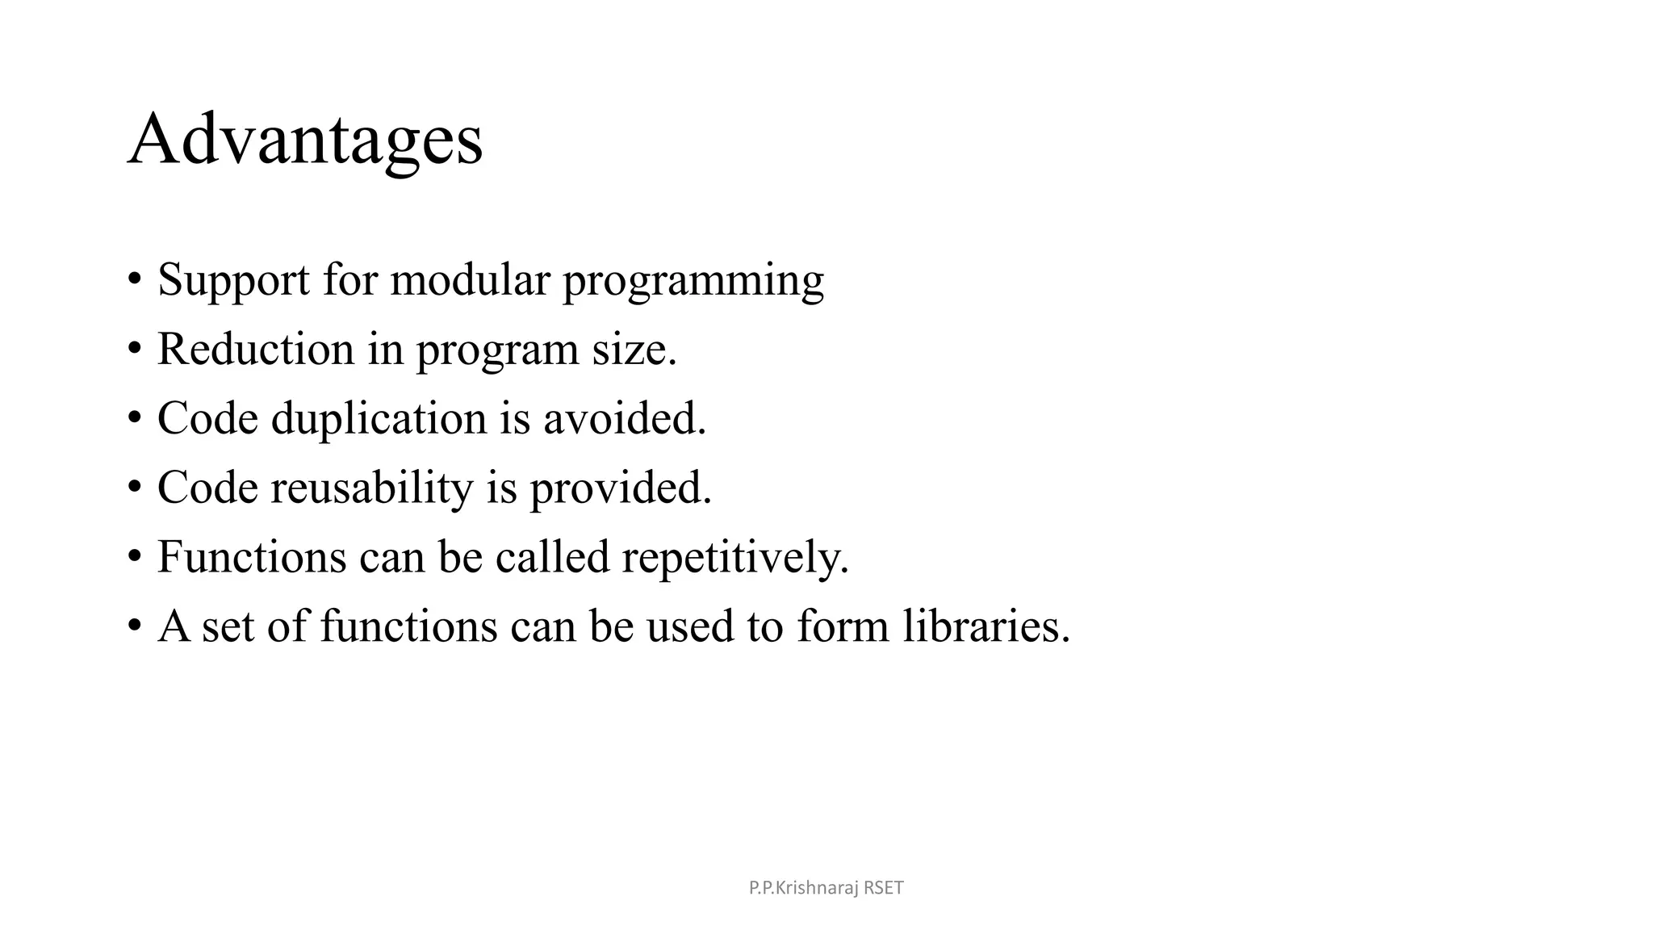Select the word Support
click(233, 280)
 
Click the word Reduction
click(256, 350)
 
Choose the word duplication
click(379, 419)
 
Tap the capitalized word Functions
click(251, 557)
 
